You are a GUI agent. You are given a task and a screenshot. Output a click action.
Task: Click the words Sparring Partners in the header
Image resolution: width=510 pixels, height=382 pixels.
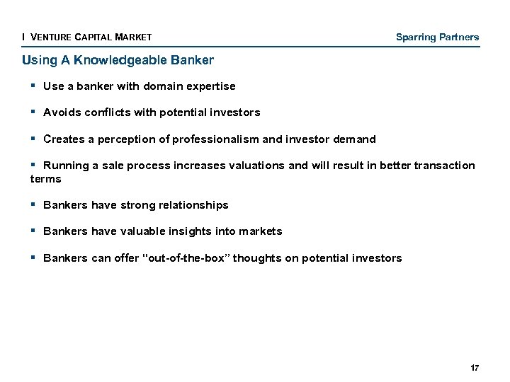(x=437, y=37)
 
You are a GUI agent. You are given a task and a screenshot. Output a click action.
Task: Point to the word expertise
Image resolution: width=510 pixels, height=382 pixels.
(x=210, y=86)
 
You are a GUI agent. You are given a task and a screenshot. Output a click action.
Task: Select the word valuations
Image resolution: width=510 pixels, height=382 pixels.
(x=256, y=166)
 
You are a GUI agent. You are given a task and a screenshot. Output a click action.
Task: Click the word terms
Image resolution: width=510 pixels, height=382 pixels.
(x=45, y=179)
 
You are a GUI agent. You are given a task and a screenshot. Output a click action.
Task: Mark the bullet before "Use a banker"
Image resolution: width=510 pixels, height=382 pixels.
(x=33, y=86)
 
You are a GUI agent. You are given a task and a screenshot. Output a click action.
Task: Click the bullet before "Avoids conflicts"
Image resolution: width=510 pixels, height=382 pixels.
(x=33, y=112)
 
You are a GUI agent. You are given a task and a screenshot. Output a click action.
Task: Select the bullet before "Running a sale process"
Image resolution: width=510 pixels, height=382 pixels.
(x=33, y=165)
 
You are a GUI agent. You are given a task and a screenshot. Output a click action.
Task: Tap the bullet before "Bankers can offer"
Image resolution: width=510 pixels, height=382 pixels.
(x=33, y=257)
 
